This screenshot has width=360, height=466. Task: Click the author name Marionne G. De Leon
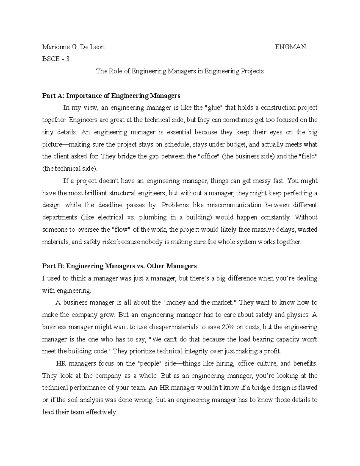pos(73,47)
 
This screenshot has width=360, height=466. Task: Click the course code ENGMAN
pos(290,47)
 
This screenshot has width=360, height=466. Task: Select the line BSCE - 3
pos(56,59)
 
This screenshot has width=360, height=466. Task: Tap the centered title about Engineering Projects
pos(179,71)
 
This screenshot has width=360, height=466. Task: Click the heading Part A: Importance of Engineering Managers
pos(111,96)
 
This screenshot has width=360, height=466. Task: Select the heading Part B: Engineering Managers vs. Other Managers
pos(119,266)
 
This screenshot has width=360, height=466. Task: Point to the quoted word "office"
pos(209,156)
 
